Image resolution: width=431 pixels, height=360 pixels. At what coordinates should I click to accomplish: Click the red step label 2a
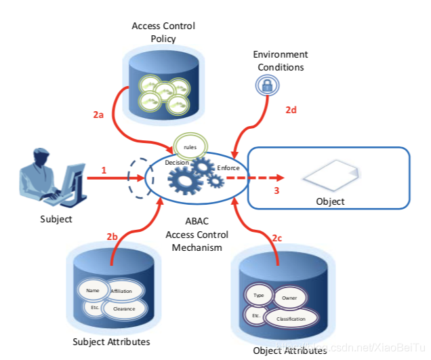pyautogui.click(x=99, y=115)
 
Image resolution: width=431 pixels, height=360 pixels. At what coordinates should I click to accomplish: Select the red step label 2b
pyautogui.click(x=112, y=237)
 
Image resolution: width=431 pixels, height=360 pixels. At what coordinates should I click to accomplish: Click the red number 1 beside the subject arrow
pyautogui.click(x=104, y=170)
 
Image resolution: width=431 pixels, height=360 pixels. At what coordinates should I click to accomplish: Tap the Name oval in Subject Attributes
pyautogui.click(x=93, y=290)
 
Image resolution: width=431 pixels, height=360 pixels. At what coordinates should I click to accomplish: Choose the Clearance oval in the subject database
pyautogui.click(x=123, y=308)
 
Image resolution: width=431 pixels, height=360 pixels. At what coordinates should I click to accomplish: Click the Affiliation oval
pyautogui.click(x=125, y=291)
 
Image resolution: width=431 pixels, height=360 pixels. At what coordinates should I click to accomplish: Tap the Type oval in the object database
pyautogui.click(x=258, y=296)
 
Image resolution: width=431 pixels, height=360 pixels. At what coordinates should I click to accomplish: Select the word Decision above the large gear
pyautogui.click(x=176, y=163)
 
